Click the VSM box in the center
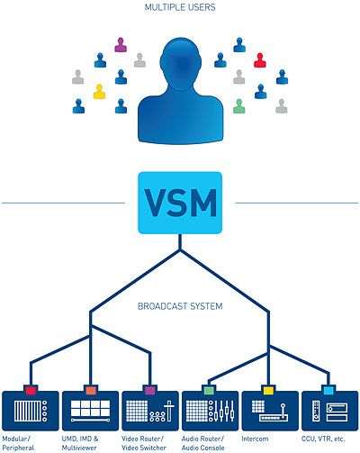tap(180, 203)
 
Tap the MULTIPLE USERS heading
tap(180, 7)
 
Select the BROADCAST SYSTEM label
tap(180, 306)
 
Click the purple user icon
tap(121, 45)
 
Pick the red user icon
tap(260, 60)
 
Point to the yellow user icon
tap(99, 92)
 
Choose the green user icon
tap(239, 106)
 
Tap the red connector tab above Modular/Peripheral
tap(31, 390)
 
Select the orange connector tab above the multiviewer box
tap(91, 390)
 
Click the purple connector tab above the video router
tap(150, 390)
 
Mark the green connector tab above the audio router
tap(209, 390)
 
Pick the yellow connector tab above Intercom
tap(268, 390)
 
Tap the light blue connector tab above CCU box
tap(328, 390)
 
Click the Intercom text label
tap(255, 439)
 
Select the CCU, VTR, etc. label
tap(323, 439)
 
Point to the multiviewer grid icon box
tap(90, 411)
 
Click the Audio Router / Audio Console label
tap(203, 443)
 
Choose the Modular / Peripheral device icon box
tap(31, 411)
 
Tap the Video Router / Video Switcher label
tap(144, 443)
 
